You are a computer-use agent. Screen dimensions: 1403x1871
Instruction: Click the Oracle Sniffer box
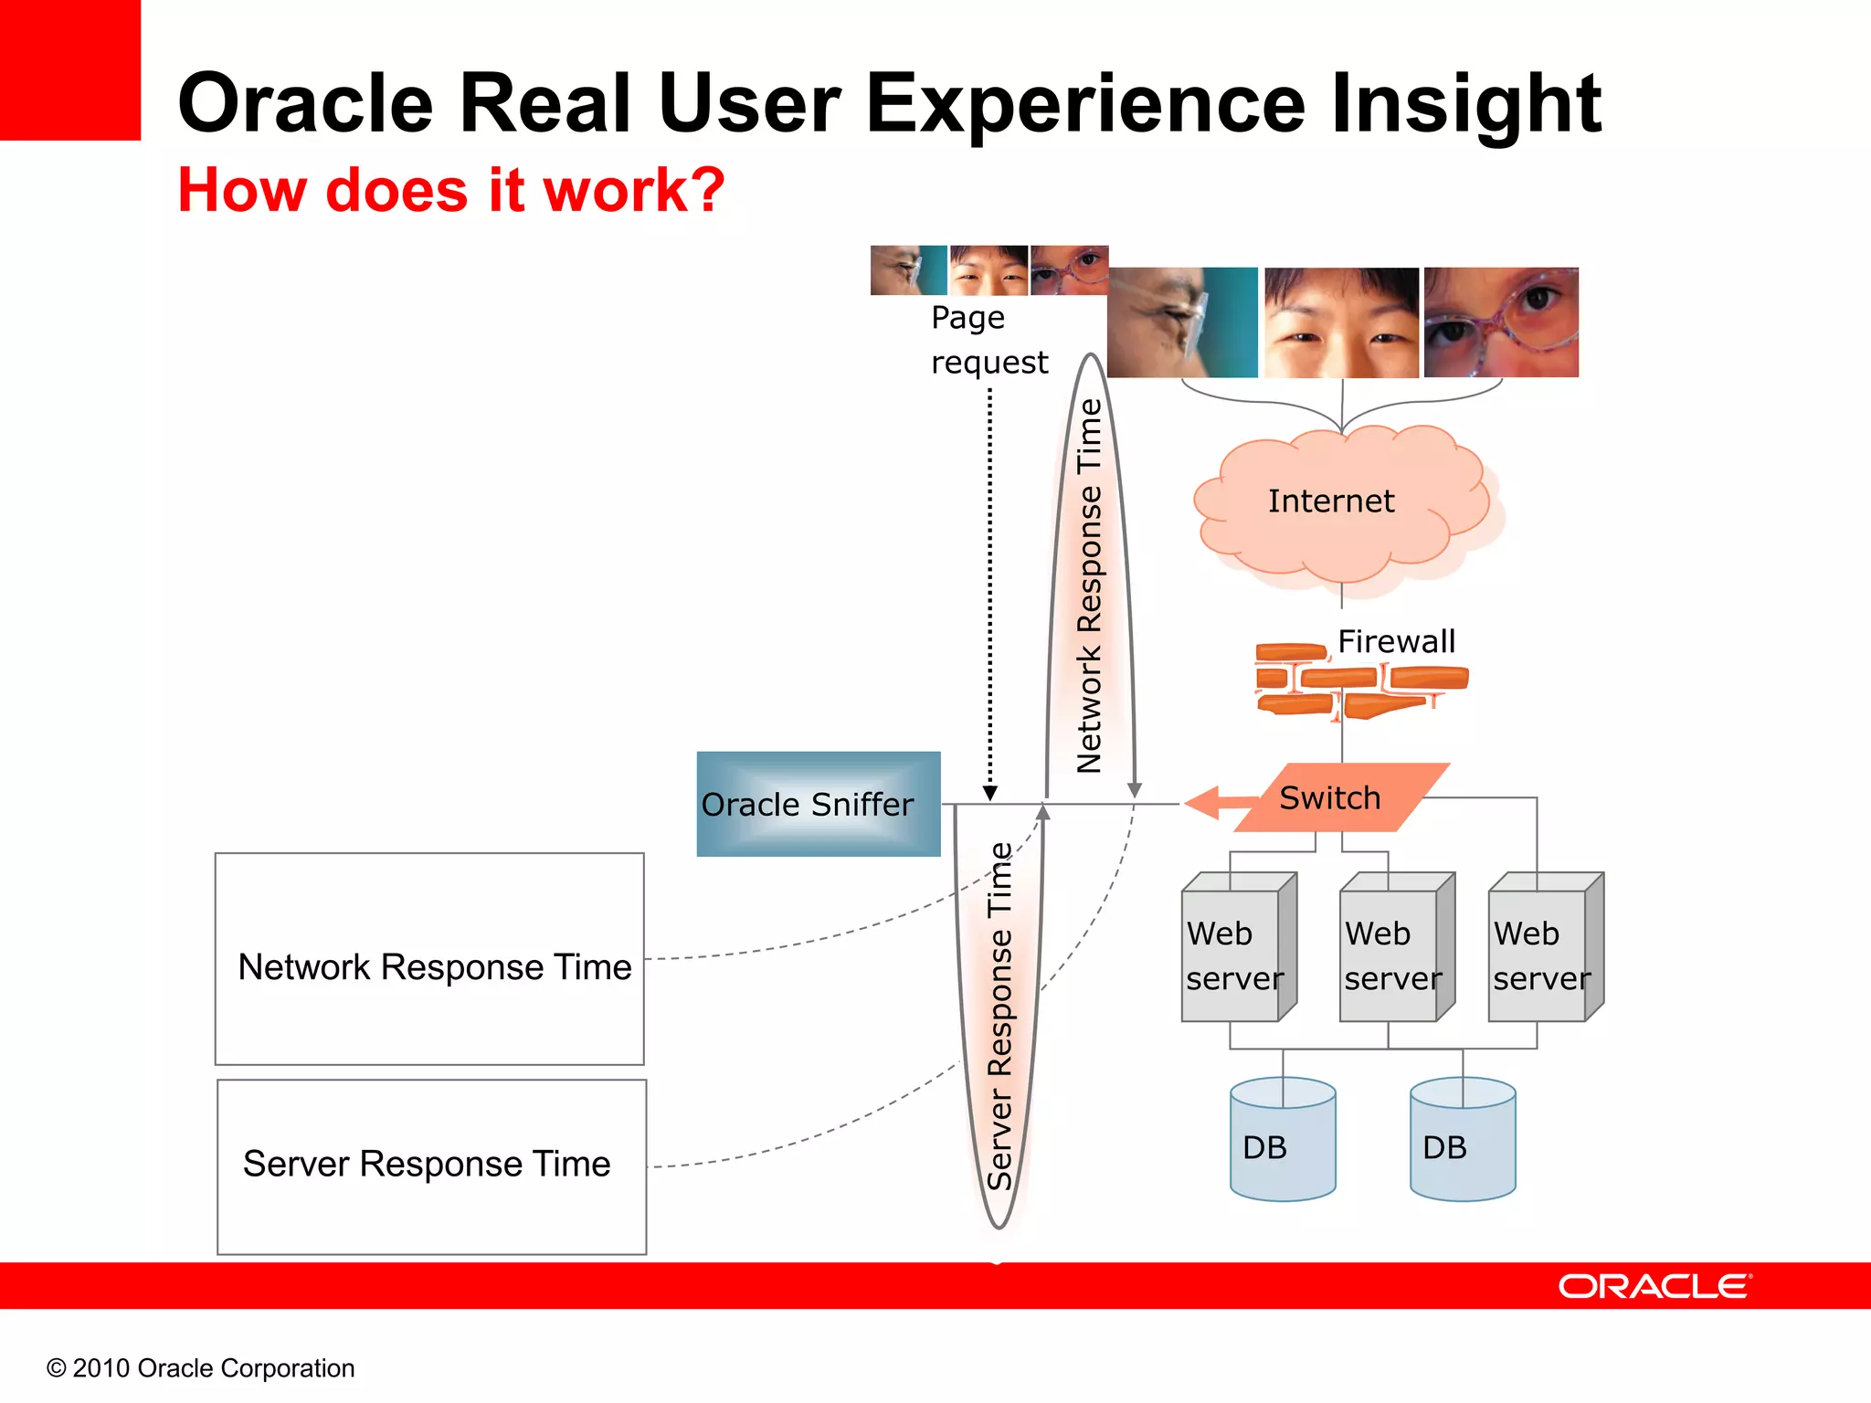coord(818,804)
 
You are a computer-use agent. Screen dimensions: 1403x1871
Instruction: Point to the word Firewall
coord(1396,641)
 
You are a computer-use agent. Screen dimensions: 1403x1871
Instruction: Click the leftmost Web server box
coord(1233,955)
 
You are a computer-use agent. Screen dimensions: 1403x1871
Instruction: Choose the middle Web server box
coord(1391,955)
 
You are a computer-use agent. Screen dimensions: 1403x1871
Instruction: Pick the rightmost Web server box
coord(1540,955)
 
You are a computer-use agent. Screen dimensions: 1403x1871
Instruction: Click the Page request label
coord(988,340)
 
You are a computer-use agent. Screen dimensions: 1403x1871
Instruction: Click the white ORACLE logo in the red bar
coord(1654,1286)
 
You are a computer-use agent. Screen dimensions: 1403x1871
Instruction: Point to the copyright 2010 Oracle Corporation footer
coord(200,1367)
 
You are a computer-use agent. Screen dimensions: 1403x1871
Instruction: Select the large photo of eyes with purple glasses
coord(1501,322)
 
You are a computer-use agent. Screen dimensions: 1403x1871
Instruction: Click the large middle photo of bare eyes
coord(1341,322)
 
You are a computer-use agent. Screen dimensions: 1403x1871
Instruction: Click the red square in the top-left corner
coord(69,69)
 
